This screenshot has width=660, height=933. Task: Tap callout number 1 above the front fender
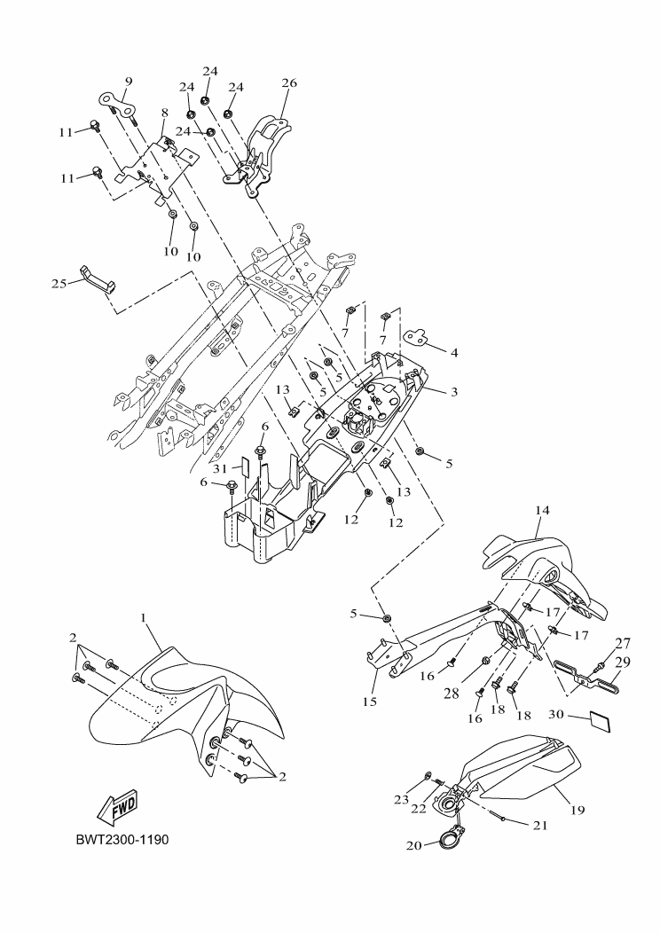143,615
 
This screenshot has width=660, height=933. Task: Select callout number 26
289,83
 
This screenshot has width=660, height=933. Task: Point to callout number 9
128,82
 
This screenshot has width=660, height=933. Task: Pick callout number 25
59,283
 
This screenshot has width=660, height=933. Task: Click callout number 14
542,511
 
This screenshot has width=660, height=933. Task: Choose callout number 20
413,845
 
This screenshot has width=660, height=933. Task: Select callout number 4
453,352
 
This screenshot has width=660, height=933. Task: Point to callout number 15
369,701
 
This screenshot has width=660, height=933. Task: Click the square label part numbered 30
602,719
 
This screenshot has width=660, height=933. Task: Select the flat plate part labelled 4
416,336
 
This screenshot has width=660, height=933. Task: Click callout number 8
164,113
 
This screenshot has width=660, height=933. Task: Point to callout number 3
452,391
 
